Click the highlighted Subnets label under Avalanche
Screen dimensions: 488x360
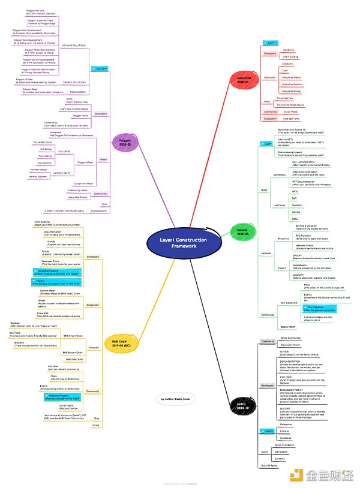271,43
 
